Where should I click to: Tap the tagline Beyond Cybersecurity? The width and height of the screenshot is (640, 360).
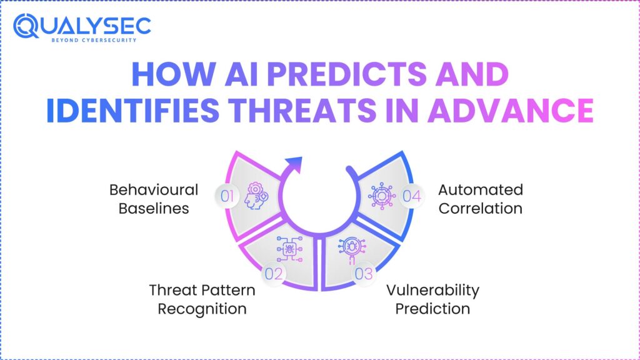tap(94, 40)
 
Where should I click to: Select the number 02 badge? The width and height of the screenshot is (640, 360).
tap(275, 272)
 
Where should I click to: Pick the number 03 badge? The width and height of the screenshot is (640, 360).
tap(364, 272)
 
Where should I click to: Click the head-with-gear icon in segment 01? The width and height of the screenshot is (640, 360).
tap(257, 196)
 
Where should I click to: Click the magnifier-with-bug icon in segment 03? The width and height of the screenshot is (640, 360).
tap(349, 249)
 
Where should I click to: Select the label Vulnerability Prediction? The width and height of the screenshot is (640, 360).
tap(432, 299)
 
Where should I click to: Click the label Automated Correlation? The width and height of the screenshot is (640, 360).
tap(480, 199)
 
